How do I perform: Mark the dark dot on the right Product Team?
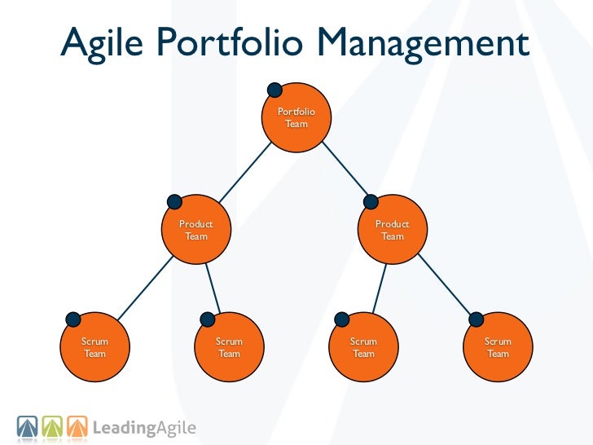tap(371, 201)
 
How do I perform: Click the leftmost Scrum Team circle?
tap(95, 348)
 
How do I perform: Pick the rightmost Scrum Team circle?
tap(498, 348)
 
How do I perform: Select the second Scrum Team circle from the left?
tap(229, 348)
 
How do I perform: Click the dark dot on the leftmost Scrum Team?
tap(72, 319)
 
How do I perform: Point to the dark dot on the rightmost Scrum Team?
tap(476, 319)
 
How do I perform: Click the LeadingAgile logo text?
tap(144, 427)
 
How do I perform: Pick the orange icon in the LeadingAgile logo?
tap(77, 426)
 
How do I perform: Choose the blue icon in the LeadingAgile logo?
tap(27, 426)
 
